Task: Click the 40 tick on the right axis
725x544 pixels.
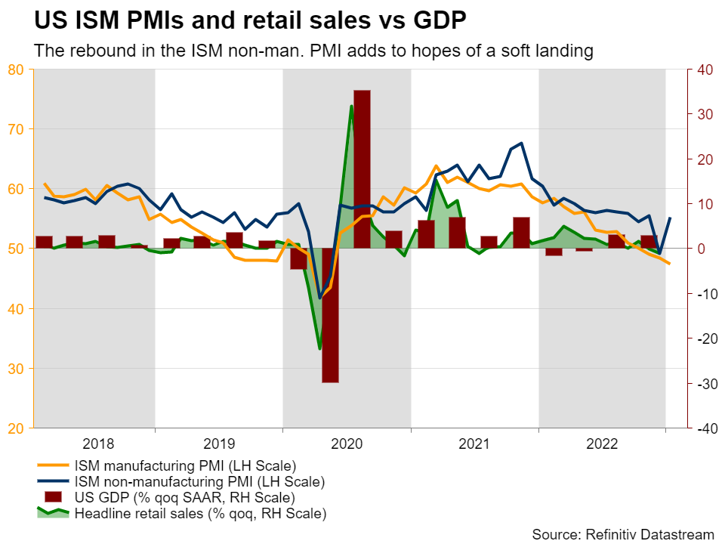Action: tap(704, 70)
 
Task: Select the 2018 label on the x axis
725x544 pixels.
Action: tap(98, 444)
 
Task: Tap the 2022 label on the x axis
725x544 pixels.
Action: tap(602, 444)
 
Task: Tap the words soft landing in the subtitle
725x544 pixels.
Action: tap(555, 51)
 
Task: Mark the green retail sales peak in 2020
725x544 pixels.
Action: tap(351, 107)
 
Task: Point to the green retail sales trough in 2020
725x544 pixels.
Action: tap(320, 348)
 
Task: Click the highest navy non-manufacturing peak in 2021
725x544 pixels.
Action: tap(522, 143)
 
